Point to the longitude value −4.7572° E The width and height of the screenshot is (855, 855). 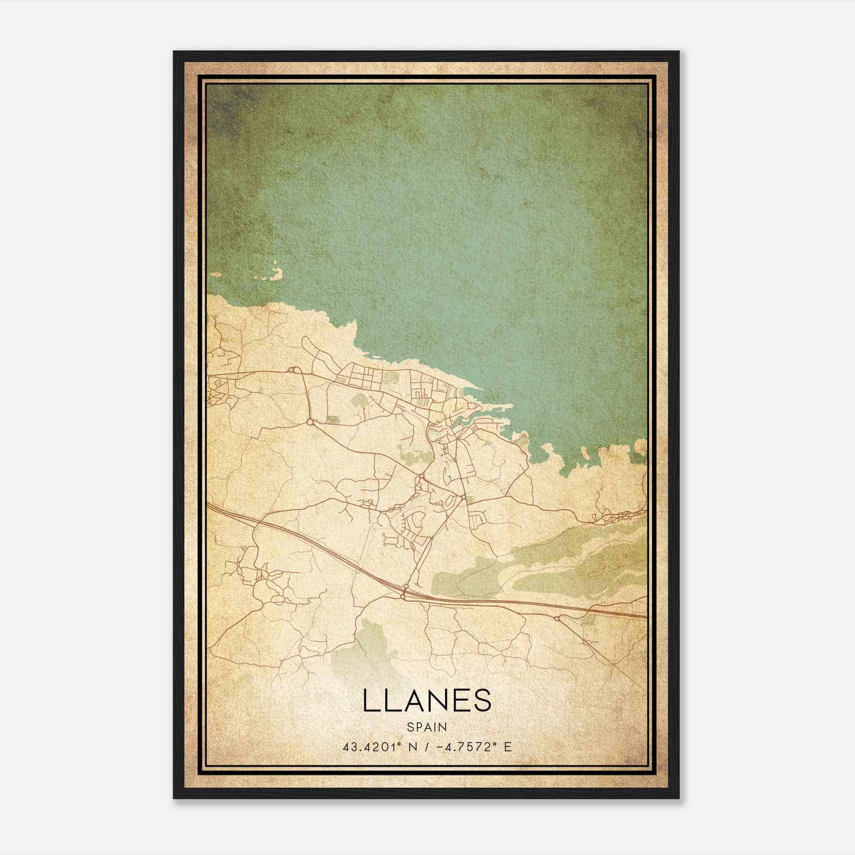[474, 747]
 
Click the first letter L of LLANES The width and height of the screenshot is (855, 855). [370, 701]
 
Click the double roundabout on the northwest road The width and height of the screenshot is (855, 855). [292, 370]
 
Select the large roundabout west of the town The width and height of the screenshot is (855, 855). [310, 422]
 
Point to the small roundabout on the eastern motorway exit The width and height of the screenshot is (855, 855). [557, 619]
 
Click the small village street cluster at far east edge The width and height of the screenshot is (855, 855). [620, 516]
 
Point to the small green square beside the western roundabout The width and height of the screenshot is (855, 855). [332, 420]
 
